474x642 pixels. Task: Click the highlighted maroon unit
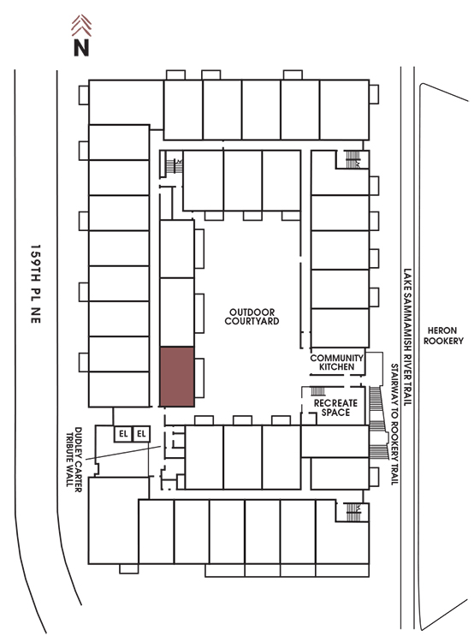pos(177,377)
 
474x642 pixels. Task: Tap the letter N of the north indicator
pos(81,47)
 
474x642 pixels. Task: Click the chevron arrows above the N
pos(81,26)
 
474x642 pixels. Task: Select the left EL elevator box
pos(123,434)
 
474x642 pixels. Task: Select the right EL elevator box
pos(141,434)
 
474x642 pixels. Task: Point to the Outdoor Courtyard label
pos(252,317)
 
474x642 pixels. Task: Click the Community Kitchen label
pos(336,362)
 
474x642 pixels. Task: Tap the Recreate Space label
pos(335,407)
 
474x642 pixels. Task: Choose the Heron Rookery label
pos(443,336)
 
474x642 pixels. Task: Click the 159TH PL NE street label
pos(36,284)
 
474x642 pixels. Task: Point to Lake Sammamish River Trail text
pos(407,337)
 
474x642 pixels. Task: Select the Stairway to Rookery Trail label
pos(394,425)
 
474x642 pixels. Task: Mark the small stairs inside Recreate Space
pos(318,391)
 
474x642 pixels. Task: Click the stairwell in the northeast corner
pos(353,159)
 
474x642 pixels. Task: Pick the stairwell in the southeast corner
pos(353,512)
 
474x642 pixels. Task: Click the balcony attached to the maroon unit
pos(199,377)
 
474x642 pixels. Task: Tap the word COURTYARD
pos(252,321)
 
